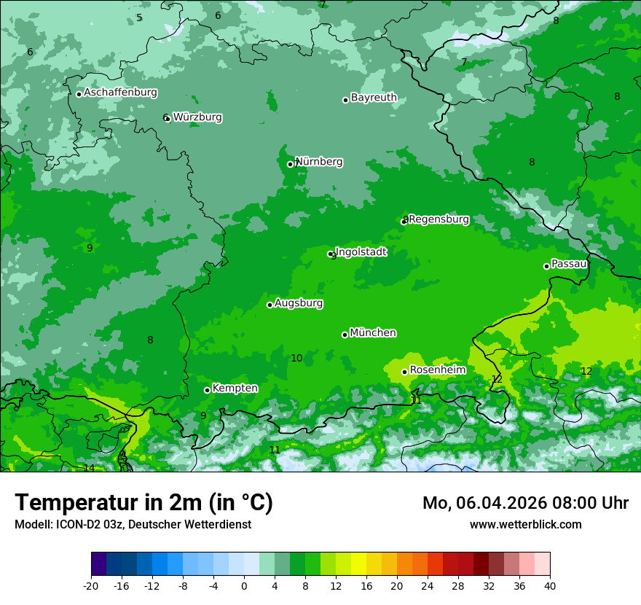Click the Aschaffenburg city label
tap(120, 93)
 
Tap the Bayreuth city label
tap(374, 97)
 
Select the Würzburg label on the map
tap(197, 117)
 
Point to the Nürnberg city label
tap(319, 161)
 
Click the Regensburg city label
tap(439, 219)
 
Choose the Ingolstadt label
tap(361, 251)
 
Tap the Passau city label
tap(569, 263)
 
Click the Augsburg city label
tap(299, 302)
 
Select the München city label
tap(373, 332)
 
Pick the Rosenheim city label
tap(437, 370)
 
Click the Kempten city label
tap(235, 388)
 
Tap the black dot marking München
tap(345, 335)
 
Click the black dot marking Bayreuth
tap(345, 100)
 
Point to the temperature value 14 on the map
tap(89, 468)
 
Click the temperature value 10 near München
tap(296, 358)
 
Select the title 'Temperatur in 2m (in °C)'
tap(143, 502)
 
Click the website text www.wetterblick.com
tap(525, 524)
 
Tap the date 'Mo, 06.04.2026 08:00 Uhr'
tap(525, 503)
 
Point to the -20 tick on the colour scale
tap(90, 585)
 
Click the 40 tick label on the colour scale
tap(550, 585)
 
